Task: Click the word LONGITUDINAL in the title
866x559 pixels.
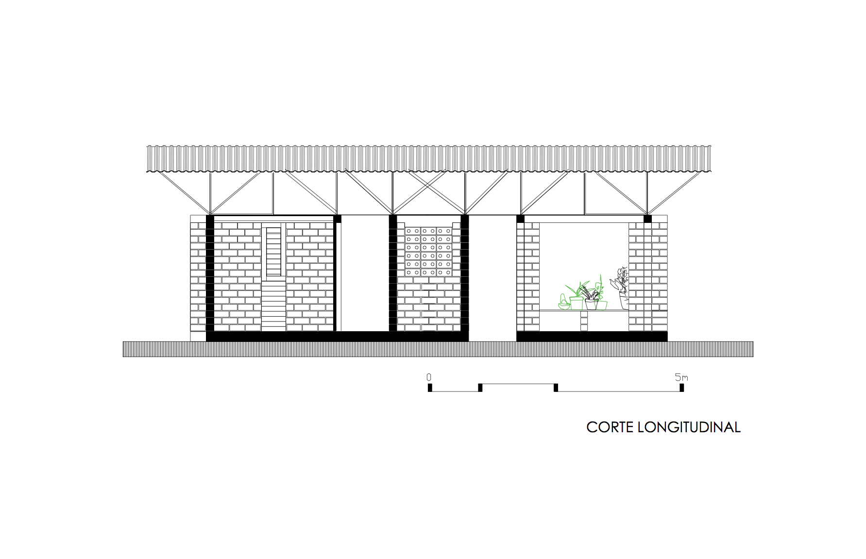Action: (689, 427)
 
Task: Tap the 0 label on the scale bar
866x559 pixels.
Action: (429, 377)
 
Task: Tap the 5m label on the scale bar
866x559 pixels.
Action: (681, 377)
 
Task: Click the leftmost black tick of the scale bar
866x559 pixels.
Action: (430, 388)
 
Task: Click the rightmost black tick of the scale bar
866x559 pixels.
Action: (682, 388)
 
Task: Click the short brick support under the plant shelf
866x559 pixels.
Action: (584, 321)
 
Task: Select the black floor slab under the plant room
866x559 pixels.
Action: (592, 336)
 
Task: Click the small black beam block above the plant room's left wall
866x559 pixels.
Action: (520, 219)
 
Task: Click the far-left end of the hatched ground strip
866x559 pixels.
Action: (124, 349)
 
